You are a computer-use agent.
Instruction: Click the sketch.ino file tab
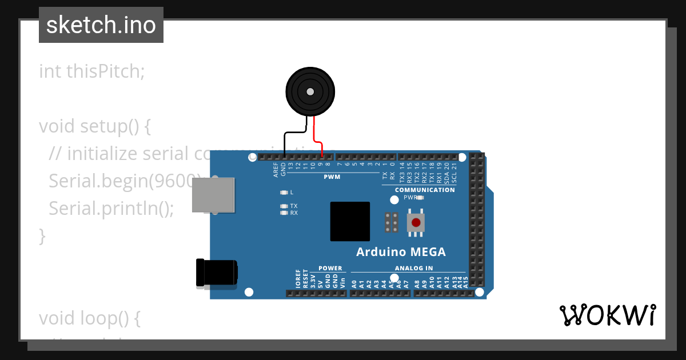[101, 25]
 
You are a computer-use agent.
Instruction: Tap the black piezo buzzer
[310, 91]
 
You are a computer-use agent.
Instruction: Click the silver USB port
[213, 196]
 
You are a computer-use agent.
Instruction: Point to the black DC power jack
[216, 272]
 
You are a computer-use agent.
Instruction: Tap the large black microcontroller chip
[350, 222]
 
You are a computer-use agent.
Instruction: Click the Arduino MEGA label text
[401, 252]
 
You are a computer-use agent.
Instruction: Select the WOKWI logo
[607, 315]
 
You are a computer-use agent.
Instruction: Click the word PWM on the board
[332, 177]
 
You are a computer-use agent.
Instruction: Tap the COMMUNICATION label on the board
[425, 190]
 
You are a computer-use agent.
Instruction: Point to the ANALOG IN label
[413, 268]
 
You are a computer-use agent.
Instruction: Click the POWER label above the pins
[330, 268]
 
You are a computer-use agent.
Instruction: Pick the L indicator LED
[284, 193]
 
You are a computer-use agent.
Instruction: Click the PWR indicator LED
[420, 198]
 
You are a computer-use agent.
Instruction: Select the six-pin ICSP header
[392, 222]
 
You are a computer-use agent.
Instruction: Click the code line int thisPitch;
[92, 71]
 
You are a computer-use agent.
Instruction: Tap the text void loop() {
[90, 318]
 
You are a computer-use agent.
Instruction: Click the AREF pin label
[276, 170]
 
